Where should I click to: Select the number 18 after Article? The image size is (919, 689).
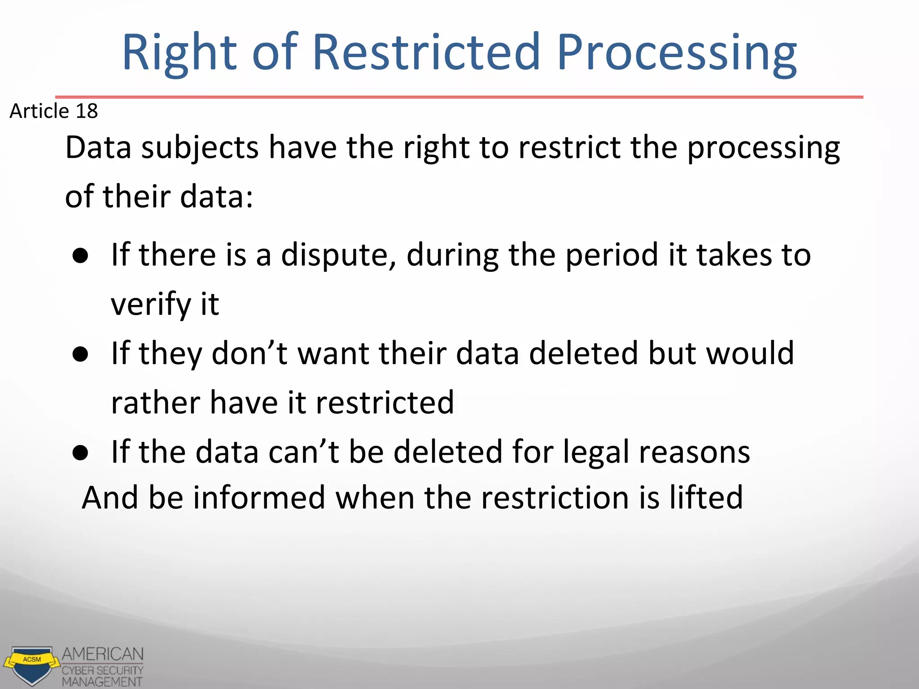point(87,111)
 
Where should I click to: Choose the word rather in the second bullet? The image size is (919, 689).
point(155,402)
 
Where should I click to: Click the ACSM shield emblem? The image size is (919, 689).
point(31,665)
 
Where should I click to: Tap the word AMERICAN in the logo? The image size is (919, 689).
point(102,654)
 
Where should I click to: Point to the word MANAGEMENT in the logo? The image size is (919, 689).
point(102,682)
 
